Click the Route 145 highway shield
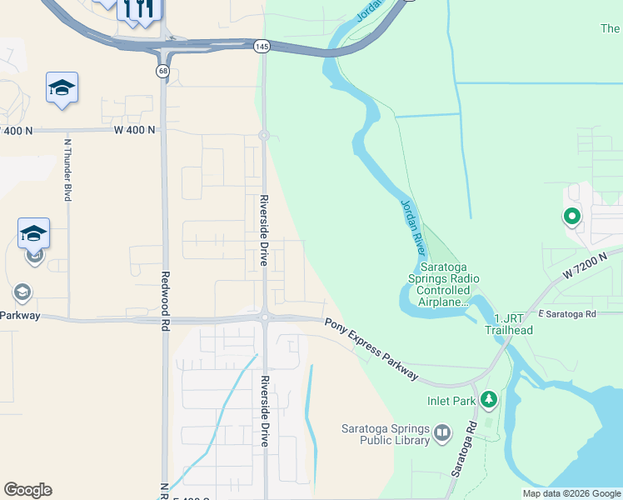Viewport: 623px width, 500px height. coord(262,47)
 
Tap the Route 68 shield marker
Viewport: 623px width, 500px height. coord(162,71)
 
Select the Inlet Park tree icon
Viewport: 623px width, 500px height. coord(489,400)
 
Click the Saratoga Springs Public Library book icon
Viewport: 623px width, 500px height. coord(441,432)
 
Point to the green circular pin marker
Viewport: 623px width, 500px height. coord(571,217)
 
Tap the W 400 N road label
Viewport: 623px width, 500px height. coord(135,130)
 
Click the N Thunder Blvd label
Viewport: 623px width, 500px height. coord(67,169)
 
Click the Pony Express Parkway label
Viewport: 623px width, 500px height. coord(371,349)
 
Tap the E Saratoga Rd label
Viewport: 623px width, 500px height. coord(568,314)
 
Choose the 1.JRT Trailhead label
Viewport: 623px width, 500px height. coord(509,323)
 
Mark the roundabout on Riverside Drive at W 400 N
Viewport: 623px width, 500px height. coord(263,135)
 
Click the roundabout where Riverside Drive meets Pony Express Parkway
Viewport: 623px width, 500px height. coord(263,317)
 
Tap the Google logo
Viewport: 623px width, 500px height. coord(27,490)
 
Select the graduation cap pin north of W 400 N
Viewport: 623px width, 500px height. coord(62,87)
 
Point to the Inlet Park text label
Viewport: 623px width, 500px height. coord(451,401)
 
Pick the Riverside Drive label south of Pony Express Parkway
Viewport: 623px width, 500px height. coord(263,411)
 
